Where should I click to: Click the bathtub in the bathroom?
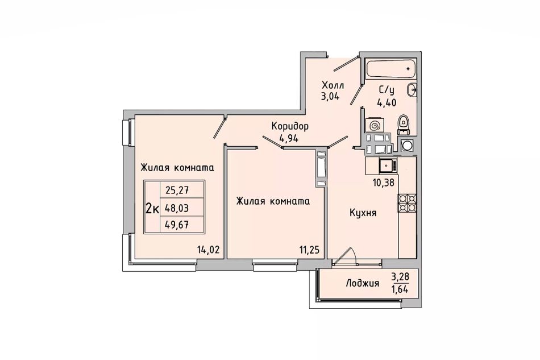(391, 69)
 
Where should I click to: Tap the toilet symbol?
(403, 125)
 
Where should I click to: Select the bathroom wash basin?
(412, 90)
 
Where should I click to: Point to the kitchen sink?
(388, 165)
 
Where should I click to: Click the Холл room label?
(333, 85)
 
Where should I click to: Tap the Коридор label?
(290, 126)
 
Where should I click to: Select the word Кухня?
(363, 213)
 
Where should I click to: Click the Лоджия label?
(362, 284)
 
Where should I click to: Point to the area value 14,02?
(208, 250)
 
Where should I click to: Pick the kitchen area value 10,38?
(383, 182)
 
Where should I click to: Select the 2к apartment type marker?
(152, 208)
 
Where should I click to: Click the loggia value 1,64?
(400, 289)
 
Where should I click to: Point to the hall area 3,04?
(330, 96)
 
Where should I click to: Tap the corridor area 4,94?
(289, 139)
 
